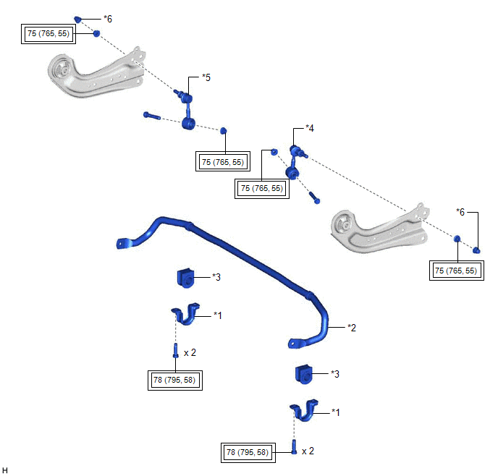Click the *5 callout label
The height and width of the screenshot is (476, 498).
206,77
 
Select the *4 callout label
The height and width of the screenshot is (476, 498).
310,128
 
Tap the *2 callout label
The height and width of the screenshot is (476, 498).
352,328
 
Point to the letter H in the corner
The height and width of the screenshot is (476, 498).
5,470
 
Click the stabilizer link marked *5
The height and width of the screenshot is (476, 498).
188,111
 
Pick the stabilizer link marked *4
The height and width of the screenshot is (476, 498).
295,162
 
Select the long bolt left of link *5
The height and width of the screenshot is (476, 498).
152,116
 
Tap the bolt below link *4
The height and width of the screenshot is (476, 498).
314,197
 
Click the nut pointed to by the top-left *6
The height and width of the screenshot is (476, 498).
78,20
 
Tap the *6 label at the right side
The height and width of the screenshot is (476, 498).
460,212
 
